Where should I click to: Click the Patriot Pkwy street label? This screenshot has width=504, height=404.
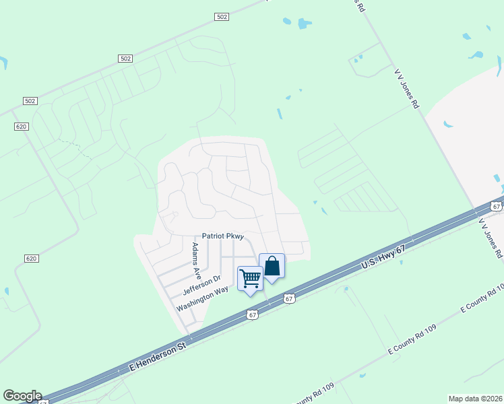[222, 236]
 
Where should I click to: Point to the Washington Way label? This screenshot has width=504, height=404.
[202, 300]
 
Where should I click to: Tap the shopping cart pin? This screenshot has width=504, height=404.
[250, 279]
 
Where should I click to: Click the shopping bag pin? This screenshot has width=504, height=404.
[272, 267]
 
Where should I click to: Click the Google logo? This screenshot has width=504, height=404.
[22, 396]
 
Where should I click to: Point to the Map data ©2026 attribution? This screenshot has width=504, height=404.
[475, 399]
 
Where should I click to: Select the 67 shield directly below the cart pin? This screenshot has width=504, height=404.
[252, 314]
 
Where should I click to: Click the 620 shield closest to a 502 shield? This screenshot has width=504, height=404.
[21, 126]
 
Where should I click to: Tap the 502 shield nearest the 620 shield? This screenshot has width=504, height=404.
[29, 101]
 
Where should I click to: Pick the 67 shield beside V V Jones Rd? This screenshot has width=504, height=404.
[497, 207]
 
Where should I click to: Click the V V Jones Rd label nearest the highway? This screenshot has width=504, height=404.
[491, 238]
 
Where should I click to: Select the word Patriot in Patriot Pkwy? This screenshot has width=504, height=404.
[213, 236]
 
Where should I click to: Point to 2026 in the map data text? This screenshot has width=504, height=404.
[491, 399]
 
